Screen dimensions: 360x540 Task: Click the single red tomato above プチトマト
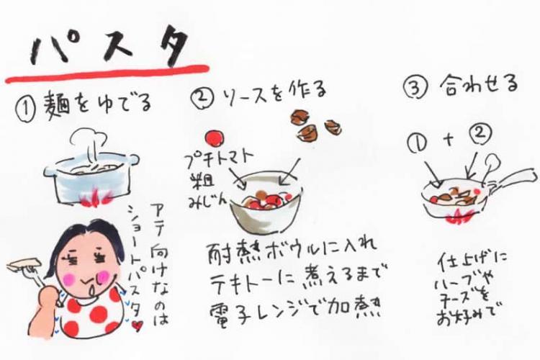pos(213,136)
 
